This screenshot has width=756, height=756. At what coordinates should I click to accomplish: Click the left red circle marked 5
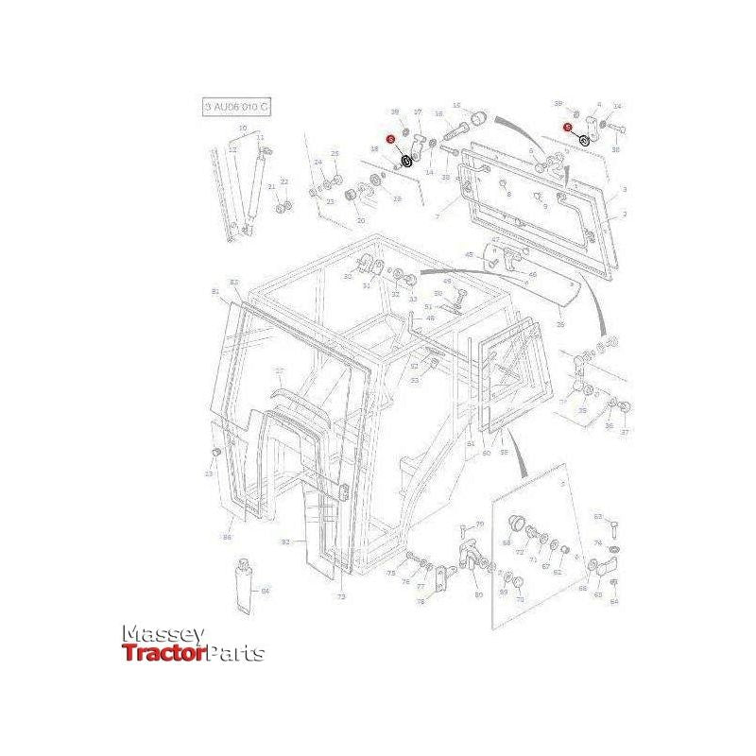pyautogui.click(x=390, y=139)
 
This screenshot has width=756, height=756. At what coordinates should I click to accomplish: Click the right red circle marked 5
pyautogui.click(x=567, y=127)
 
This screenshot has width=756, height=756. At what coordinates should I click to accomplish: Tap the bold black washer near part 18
pyautogui.click(x=406, y=161)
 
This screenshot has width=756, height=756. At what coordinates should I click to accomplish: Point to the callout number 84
pyautogui.click(x=266, y=592)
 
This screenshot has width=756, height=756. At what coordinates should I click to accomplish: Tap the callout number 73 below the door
pyautogui.click(x=342, y=598)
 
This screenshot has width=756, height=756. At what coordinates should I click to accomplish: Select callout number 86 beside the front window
pyautogui.click(x=227, y=538)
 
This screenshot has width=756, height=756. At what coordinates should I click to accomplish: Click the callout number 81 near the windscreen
pyautogui.click(x=215, y=291)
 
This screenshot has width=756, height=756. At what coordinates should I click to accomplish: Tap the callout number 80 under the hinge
pyautogui.click(x=478, y=594)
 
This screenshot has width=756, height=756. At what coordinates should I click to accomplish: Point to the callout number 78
pyautogui.click(x=421, y=600)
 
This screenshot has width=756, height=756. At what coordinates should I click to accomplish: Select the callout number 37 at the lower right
pyautogui.click(x=624, y=432)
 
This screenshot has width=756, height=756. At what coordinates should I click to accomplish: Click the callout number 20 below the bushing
pyautogui.click(x=360, y=220)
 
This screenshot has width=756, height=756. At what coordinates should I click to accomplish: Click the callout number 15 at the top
pyautogui.click(x=456, y=106)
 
